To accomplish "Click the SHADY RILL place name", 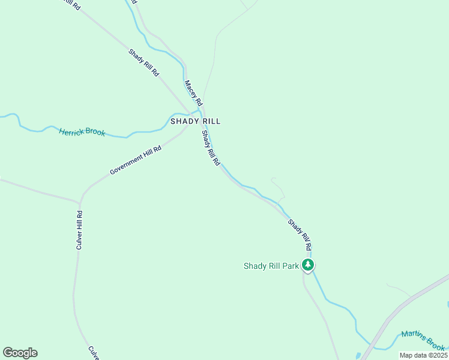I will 195,121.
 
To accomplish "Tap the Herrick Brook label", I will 82,131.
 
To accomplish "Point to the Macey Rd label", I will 193,93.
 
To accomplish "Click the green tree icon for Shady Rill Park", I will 308,265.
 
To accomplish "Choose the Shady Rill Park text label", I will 271,266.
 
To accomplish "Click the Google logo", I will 20,353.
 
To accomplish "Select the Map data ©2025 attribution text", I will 423,355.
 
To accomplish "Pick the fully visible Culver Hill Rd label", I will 79,230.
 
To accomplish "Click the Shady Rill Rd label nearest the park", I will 300,235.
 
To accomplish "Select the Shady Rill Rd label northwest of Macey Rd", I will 144,62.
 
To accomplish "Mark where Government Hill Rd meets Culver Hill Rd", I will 80,201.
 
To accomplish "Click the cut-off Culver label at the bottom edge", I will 93,353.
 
